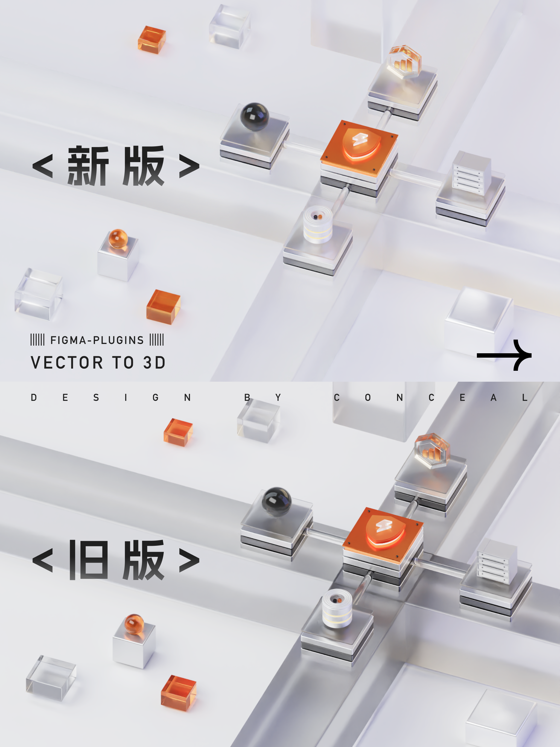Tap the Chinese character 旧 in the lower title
click(x=89, y=560)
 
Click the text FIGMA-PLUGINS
click(x=97, y=340)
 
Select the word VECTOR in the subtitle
click(x=67, y=363)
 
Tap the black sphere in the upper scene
click(x=255, y=116)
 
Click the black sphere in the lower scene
click(x=276, y=501)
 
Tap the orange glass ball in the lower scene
click(x=134, y=624)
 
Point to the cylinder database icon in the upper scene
click(x=317, y=224)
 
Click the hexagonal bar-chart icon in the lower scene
click(x=432, y=451)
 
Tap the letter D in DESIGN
click(x=34, y=398)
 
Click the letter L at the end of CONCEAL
click(x=524, y=398)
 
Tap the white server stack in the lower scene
click(x=497, y=561)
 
